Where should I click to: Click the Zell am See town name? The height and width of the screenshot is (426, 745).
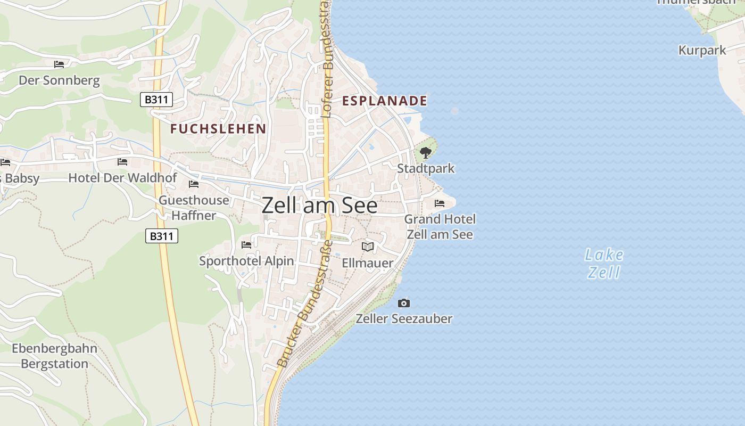point(319,206)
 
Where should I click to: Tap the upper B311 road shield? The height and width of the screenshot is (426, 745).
point(156,100)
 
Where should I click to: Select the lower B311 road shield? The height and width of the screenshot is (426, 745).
point(161,236)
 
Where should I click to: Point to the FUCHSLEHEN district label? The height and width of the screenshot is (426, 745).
point(218,128)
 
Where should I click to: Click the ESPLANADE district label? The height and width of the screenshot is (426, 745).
point(384,101)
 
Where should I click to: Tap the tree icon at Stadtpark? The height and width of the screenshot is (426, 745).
point(425,153)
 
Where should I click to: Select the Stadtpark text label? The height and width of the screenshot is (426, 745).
point(426,168)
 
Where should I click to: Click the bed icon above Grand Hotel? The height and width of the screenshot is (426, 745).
point(440,203)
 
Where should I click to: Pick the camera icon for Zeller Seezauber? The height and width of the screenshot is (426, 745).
point(404,303)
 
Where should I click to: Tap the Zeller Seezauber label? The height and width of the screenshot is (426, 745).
point(404,318)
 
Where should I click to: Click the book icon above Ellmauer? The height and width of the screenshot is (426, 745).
point(368,247)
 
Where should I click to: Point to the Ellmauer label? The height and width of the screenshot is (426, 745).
point(367,263)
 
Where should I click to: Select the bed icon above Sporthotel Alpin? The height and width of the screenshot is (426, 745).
point(246,245)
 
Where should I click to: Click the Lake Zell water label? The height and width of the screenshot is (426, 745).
point(604,264)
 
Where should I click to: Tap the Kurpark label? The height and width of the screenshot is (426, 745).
point(702,51)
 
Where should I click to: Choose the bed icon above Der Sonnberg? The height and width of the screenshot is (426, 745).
point(59,64)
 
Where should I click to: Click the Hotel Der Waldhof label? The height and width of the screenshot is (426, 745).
point(122,177)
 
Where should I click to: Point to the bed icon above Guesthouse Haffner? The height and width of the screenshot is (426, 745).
point(194,184)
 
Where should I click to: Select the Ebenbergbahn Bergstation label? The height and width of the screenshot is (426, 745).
point(54,356)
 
